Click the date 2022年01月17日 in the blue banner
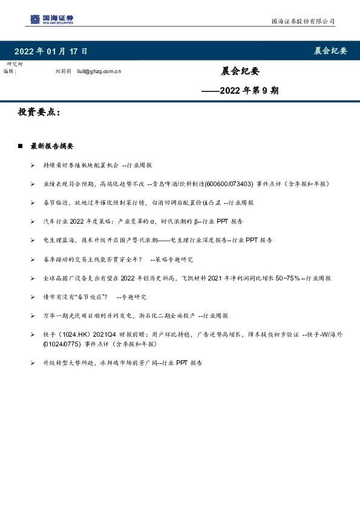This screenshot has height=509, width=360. [x=51, y=51]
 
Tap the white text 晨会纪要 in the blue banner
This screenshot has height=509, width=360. [x=330, y=51]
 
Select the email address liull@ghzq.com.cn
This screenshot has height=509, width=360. [x=100, y=71]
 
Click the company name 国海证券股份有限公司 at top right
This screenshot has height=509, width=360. [x=302, y=22]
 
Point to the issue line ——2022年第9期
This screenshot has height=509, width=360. [x=240, y=91]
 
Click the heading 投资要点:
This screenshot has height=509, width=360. [x=40, y=113]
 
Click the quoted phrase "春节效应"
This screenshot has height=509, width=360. [x=90, y=296]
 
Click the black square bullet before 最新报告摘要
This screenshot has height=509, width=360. [x=20, y=146]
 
